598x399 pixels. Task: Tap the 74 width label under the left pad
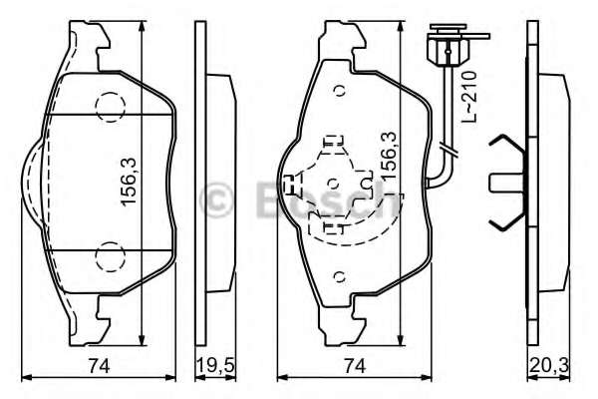point(97,365)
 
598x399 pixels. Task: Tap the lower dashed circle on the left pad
point(107,258)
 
